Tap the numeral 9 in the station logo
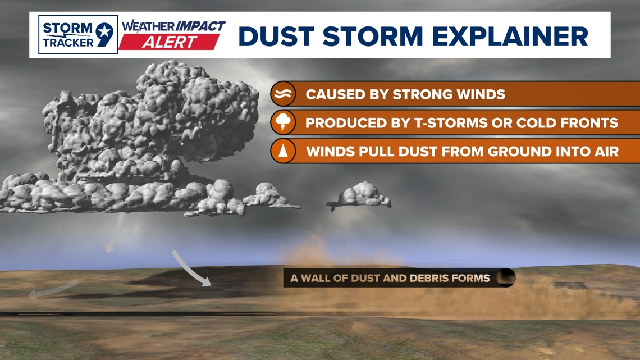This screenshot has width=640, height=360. click(104, 34)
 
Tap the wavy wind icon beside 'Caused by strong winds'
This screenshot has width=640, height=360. click(282, 94)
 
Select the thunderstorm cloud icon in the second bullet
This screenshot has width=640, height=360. click(282, 122)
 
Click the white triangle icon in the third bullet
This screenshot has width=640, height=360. click(282, 151)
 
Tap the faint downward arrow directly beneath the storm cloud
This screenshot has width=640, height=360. click(115, 233)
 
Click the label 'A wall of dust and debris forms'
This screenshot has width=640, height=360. click(390, 278)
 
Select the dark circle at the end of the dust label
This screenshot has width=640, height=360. click(506, 278)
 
